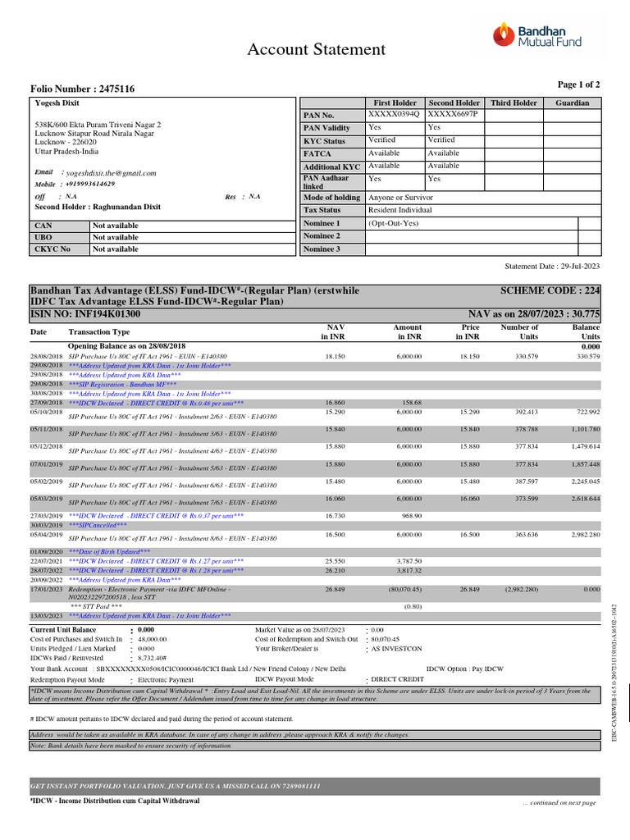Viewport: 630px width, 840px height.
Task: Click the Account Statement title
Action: click(x=317, y=50)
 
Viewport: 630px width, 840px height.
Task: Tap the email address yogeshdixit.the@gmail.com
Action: click(x=111, y=173)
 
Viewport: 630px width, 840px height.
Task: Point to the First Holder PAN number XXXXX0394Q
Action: click(x=394, y=115)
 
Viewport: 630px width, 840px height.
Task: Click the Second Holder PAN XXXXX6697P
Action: click(x=452, y=115)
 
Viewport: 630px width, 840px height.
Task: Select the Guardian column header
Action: click(x=572, y=103)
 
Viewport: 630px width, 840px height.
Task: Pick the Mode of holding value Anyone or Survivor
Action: click(x=406, y=198)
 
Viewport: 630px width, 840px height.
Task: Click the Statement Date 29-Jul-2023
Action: click(x=552, y=267)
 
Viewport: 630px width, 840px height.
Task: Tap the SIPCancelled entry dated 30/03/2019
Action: click(x=98, y=524)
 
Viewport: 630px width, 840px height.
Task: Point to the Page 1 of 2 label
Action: click(x=578, y=84)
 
